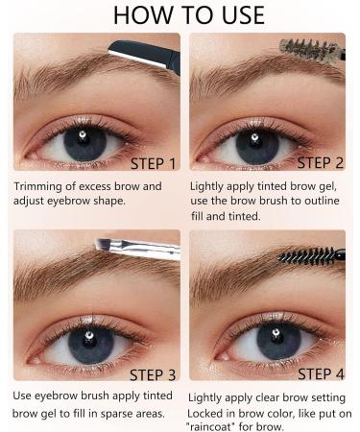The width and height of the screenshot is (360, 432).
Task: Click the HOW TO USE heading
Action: coord(189,15)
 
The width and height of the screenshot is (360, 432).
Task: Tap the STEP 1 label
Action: coord(154,164)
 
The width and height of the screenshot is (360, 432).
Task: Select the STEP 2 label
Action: coord(321,162)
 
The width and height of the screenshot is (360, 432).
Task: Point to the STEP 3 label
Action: coord(153,375)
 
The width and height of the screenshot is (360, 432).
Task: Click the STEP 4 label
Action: coord(321,374)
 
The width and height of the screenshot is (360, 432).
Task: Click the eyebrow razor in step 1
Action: coord(145,56)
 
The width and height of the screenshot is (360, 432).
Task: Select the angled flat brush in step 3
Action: coord(137,249)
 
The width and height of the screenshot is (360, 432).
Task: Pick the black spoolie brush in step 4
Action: coord(311,256)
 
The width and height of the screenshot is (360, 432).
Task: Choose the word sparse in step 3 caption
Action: coord(118,414)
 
